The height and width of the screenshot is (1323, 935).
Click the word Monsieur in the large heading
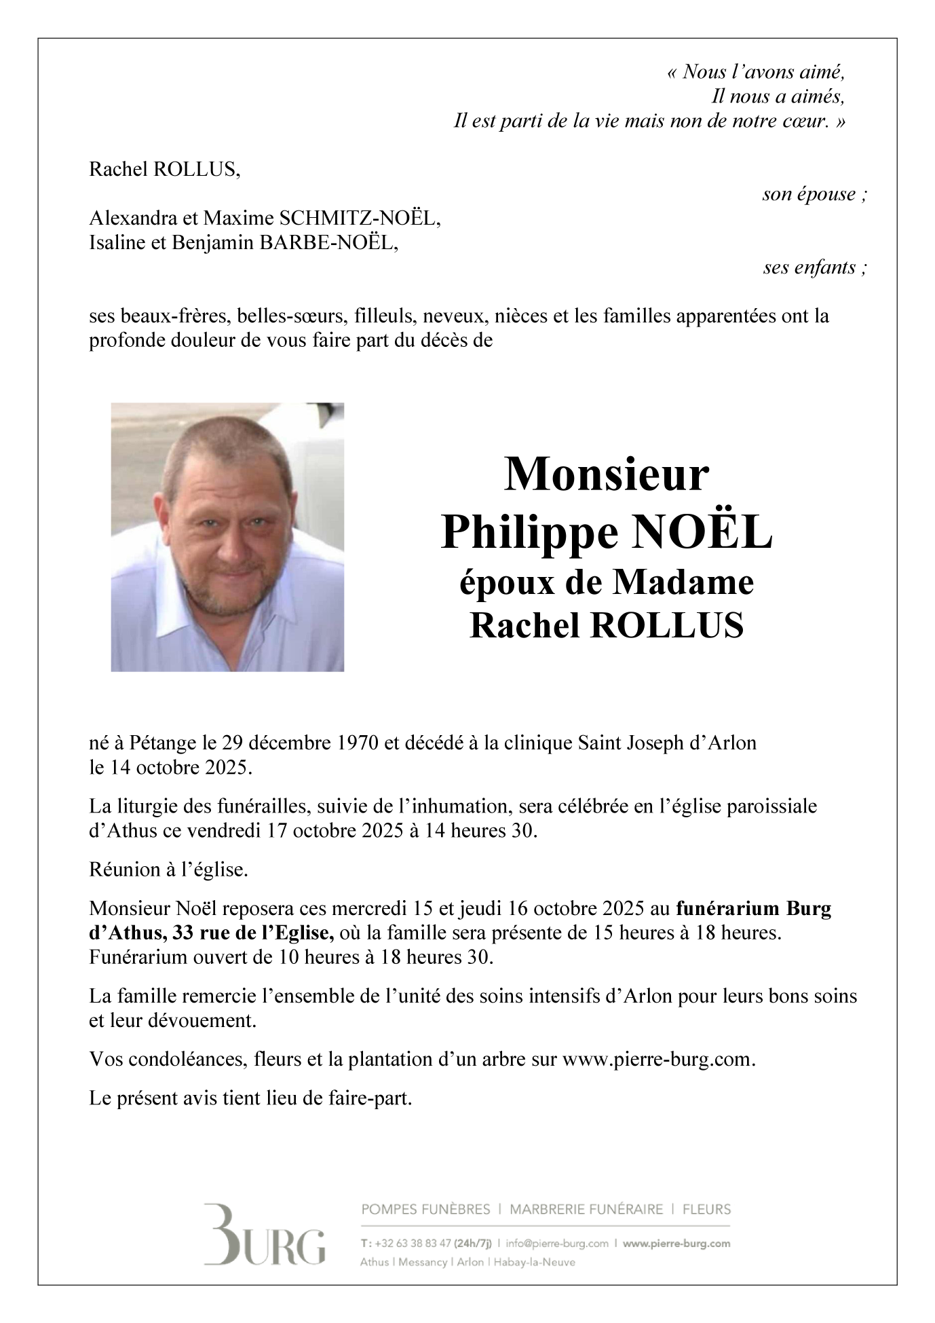tap(606, 475)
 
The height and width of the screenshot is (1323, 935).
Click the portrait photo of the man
tap(227, 537)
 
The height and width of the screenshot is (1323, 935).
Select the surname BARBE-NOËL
tap(328, 243)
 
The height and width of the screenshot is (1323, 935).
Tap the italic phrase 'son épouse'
tap(814, 195)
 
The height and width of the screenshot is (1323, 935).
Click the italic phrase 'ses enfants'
tap(814, 267)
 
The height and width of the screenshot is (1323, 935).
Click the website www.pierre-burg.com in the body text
tap(658, 1059)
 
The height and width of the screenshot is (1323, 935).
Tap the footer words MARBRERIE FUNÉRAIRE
tap(586, 1209)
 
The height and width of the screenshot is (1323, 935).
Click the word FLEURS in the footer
tap(706, 1209)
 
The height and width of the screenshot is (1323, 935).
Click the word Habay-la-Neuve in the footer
tap(534, 1262)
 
